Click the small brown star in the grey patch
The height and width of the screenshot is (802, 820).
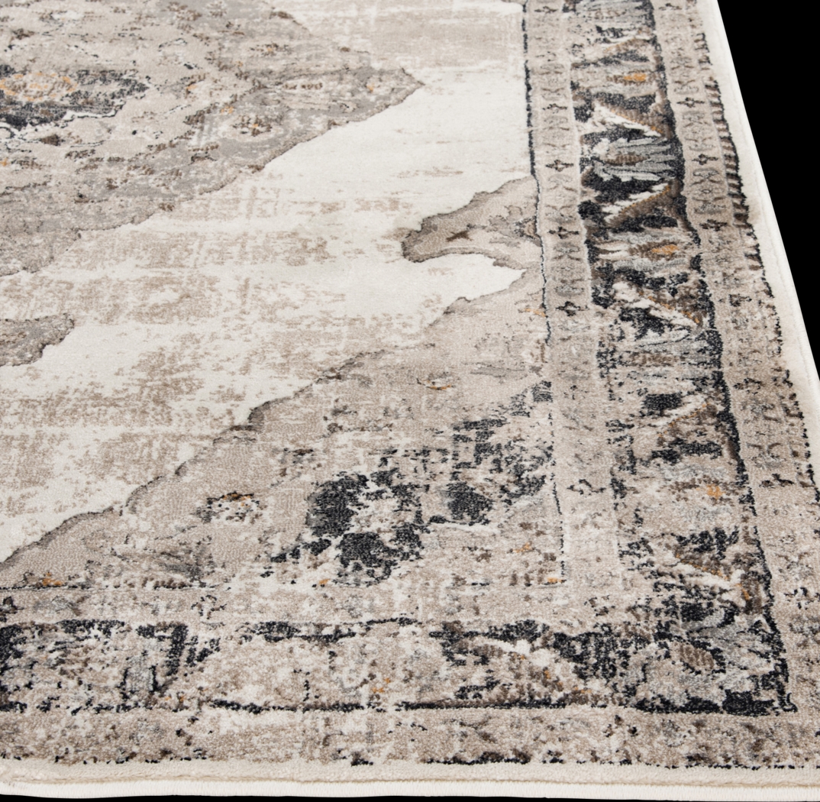(459, 237)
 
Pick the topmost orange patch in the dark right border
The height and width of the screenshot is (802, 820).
(633, 77)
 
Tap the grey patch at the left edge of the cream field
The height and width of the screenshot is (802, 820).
(31, 336)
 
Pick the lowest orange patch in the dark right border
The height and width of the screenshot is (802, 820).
(714, 493)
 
